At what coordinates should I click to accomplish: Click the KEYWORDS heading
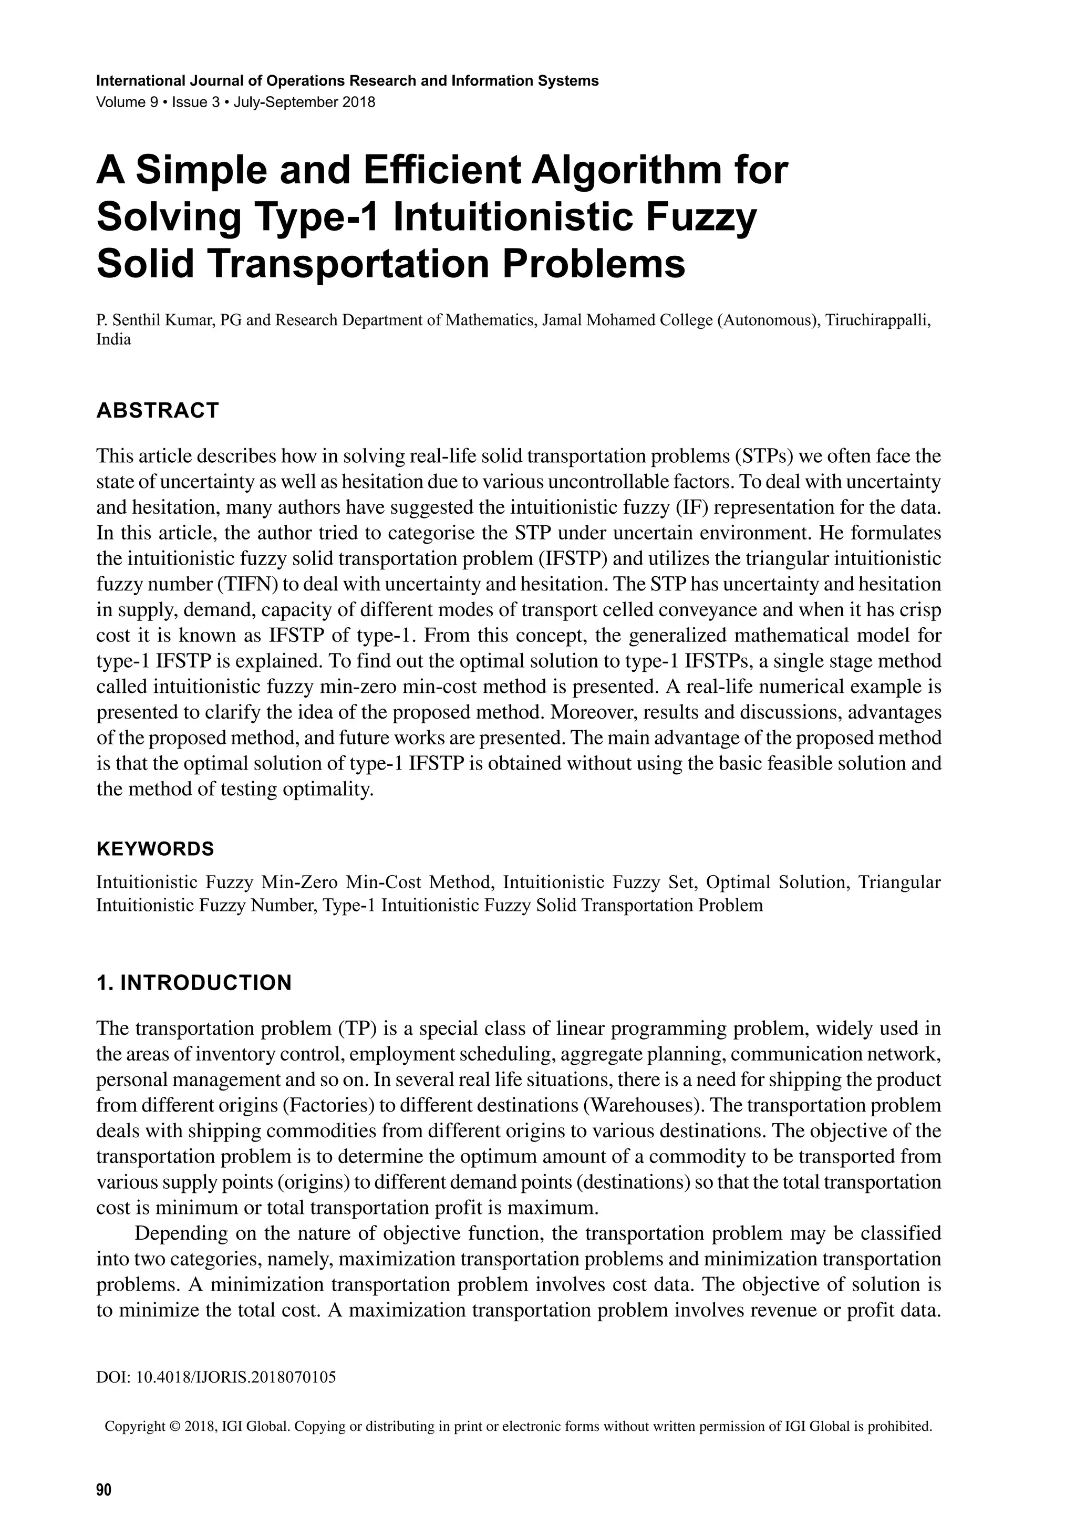(x=156, y=849)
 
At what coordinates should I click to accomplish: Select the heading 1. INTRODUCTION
(x=194, y=983)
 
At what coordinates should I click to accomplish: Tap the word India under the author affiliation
(x=114, y=339)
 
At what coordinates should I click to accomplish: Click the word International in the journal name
(x=134, y=81)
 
